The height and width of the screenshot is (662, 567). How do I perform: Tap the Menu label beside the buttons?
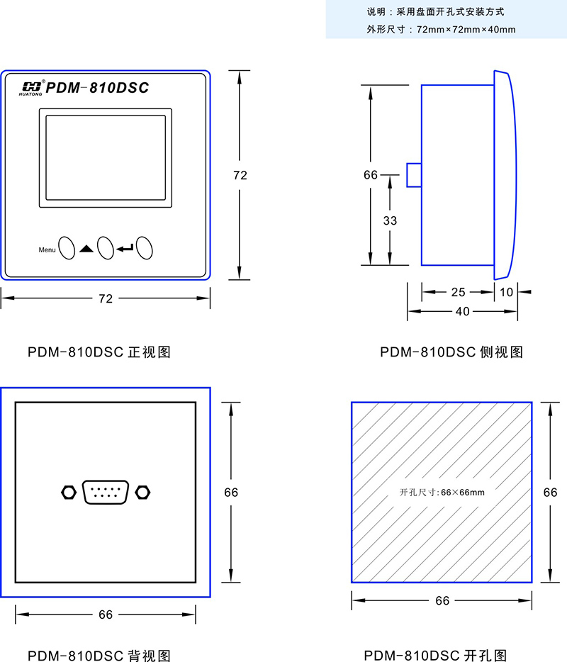pyautogui.click(x=47, y=249)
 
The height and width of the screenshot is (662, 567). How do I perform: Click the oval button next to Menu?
pyautogui.click(x=67, y=247)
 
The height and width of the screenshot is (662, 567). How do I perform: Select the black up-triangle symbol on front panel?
pyautogui.click(x=86, y=249)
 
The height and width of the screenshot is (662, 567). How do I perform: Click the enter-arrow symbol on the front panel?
pyautogui.click(x=125, y=248)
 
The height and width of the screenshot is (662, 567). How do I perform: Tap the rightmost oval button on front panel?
pyautogui.click(x=145, y=247)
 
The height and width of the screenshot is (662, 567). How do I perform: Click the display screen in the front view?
pyautogui.click(x=106, y=157)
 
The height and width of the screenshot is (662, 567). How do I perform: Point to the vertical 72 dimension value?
pyautogui.click(x=240, y=175)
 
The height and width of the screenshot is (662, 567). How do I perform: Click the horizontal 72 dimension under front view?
pyautogui.click(x=105, y=299)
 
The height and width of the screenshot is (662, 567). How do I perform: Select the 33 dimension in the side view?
pyautogui.click(x=390, y=220)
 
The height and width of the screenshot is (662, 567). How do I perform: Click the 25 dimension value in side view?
pyautogui.click(x=458, y=291)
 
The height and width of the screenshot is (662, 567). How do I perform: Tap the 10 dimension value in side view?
pyautogui.click(x=507, y=291)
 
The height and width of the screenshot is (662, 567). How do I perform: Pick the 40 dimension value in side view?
pyautogui.click(x=461, y=311)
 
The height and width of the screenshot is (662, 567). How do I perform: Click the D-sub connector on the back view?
pyautogui.click(x=107, y=492)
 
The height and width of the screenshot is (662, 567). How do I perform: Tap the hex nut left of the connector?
pyautogui.click(x=68, y=491)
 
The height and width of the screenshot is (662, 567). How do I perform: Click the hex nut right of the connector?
pyautogui.click(x=145, y=491)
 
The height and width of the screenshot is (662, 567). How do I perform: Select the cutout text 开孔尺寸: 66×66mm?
pyautogui.click(x=442, y=491)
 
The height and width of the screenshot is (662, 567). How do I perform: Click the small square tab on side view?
pyautogui.click(x=414, y=175)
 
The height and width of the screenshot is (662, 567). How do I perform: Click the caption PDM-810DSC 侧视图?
pyautogui.click(x=451, y=352)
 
